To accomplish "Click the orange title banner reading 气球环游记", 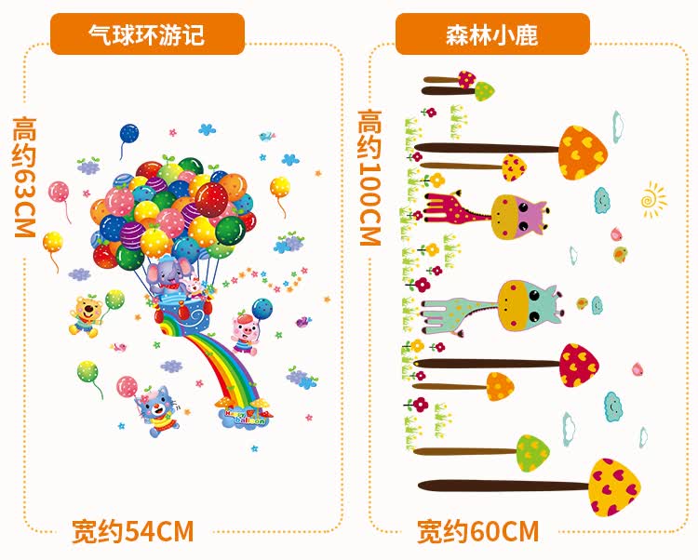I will [x=147, y=35].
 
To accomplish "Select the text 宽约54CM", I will [x=133, y=531].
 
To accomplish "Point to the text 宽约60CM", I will [x=477, y=531].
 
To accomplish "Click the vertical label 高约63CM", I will [x=24, y=176].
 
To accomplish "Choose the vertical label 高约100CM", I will [x=370, y=177].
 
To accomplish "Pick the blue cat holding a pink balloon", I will [x=155, y=408].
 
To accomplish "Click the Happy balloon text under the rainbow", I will [x=243, y=415].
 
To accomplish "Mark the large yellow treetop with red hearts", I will [x=615, y=486].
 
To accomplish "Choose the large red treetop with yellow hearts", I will [x=578, y=367].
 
